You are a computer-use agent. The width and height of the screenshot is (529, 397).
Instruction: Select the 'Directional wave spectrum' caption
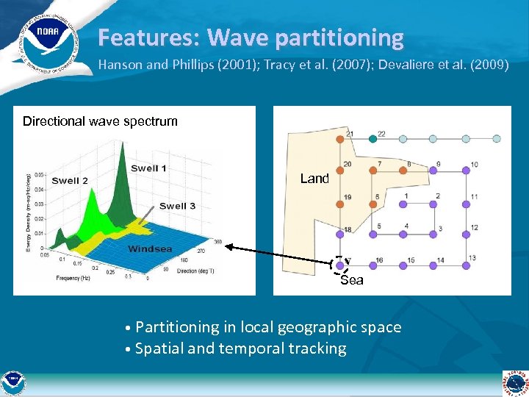click(x=100, y=121)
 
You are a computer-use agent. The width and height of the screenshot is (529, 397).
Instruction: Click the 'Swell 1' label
click(x=148, y=168)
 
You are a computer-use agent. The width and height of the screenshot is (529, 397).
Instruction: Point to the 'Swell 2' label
click(x=70, y=181)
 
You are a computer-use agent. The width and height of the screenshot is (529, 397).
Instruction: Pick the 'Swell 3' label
click(x=177, y=206)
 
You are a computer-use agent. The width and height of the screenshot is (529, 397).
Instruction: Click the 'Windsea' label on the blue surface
click(x=150, y=248)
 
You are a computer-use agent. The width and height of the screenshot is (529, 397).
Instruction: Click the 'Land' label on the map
click(x=314, y=179)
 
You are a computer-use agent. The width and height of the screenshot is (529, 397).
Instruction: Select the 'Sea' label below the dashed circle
click(x=352, y=280)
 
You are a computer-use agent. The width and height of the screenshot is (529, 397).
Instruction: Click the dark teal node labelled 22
click(x=372, y=137)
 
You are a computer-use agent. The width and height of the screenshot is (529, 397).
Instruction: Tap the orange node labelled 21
click(x=339, y=137)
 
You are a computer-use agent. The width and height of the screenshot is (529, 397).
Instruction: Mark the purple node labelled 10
click(x=465, y=170)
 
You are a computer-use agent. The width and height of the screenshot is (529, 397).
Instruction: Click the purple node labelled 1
click(x=403, y=202)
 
